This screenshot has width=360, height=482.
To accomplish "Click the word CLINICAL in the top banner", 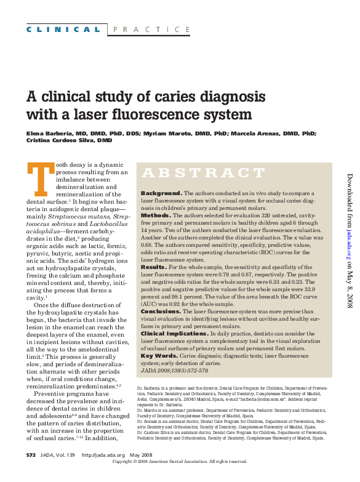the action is pos(63,30).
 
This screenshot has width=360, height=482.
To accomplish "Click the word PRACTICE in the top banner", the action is pos(151,30).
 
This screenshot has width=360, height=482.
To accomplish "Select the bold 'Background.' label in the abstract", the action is pos(161,193).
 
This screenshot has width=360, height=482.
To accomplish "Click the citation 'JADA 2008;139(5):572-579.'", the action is pos(175,371).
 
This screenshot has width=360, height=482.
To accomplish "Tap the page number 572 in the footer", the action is pos(31,472).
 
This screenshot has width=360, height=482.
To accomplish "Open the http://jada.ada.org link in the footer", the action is pos(104,472).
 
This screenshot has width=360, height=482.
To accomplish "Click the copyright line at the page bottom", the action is pos(179,478).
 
